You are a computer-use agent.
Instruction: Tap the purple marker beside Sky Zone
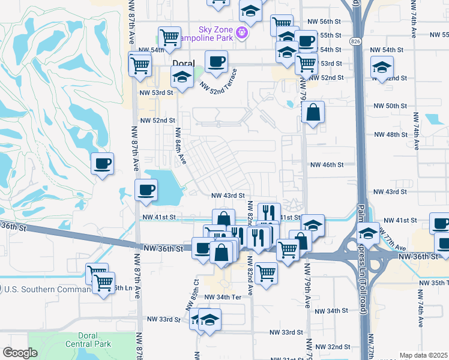(x=242, y=32)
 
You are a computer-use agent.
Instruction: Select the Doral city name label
(x=184, y=63)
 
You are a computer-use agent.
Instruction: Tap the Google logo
(x=19, y=353)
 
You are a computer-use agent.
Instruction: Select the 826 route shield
(x=355, y=40)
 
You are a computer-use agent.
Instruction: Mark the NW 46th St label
(x=327, y=164)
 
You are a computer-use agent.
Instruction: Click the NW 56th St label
(x=330, y=21)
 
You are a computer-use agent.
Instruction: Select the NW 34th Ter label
(x=222, y=297)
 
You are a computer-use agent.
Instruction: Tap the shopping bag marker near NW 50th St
(x=313, y=112)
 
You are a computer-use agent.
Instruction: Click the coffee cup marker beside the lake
(x=146, y=191)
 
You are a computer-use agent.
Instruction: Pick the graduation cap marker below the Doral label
(x=181, y=77)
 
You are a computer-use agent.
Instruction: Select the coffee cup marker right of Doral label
(x=216, y=61)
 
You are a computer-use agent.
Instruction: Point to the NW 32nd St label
(x=334, y=347)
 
